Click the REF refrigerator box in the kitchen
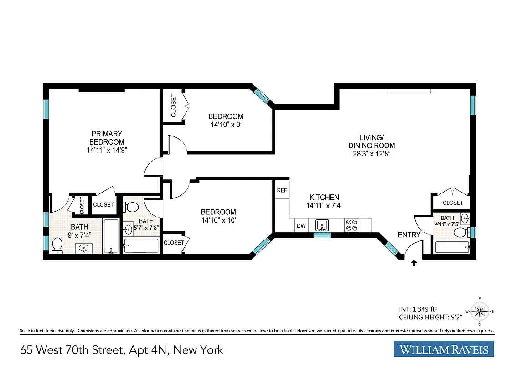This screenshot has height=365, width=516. pos(282,190)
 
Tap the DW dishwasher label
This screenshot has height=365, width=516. pos(301,225)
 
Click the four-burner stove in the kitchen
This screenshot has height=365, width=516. pos(351,225)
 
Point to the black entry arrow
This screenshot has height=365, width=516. pos(414,263)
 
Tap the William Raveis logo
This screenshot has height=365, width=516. pos(444,350)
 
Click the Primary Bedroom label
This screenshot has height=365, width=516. pos(107,138)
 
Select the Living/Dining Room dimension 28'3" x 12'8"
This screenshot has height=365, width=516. pos(371,153)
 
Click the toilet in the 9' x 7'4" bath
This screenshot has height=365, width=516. pos(57,245)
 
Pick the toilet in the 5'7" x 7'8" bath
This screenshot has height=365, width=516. pos(132,207)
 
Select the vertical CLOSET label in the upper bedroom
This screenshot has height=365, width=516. pos(173,105)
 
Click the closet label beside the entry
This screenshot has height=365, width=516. pos(453,203)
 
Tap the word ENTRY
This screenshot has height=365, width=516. pos(409,235)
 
